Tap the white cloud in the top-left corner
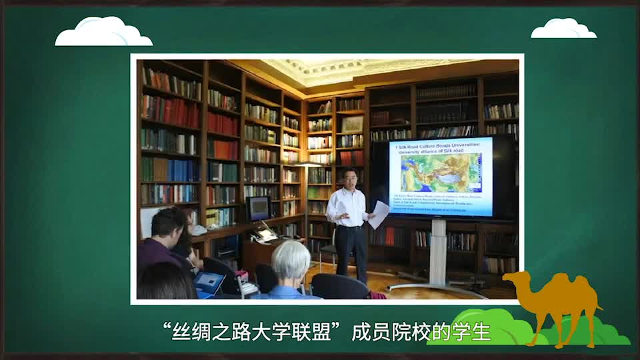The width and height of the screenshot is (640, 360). pos(103,33)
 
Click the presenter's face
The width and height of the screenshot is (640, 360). pos(351,178)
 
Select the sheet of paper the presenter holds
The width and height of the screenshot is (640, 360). pos(379,213)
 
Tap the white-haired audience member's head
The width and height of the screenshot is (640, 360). pos(291,261)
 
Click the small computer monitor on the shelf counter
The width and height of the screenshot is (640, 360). pos(258,209)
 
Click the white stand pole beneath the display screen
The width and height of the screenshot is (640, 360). pos(439,250)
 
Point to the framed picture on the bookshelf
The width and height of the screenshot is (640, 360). pos(352,125)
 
